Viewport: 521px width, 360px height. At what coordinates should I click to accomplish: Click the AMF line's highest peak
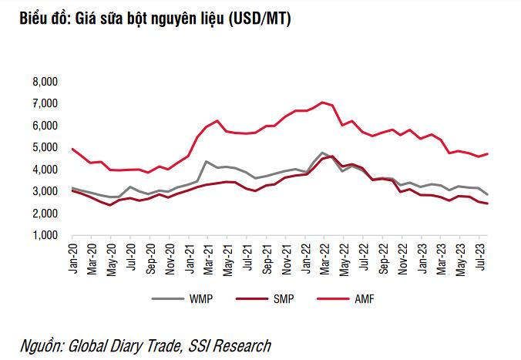pyautogui.click(x=323, y=102)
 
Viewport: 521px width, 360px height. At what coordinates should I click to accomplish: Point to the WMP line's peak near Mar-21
pyautogui.click(x=207, y=161)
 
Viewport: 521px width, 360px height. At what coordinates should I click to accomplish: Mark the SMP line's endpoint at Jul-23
pyautogui.click(x=487, y=204)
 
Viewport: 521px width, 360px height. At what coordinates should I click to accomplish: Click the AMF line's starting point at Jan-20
pyautogui.click(x=72, y=149)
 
